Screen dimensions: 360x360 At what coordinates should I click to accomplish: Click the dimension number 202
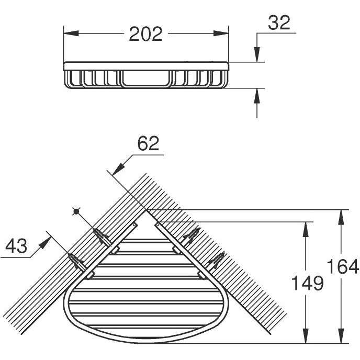coord(146,34)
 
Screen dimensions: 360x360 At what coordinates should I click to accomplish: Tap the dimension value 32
coord(279,22)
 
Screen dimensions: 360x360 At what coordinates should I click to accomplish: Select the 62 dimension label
coord(148,143)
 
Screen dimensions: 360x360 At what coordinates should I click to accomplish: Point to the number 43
coord(16,245)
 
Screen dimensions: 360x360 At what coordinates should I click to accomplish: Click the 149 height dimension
coord(308,283)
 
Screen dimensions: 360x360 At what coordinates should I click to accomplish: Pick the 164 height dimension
coord(343,266)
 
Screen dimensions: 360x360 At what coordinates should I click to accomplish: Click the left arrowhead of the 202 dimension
coord(71,33)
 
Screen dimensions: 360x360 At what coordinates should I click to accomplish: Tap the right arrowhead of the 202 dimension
coord(221,33)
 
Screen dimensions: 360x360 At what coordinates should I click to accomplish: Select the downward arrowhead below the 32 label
coord(257,54)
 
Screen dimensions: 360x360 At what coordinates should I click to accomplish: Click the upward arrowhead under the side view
coord(257,96)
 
